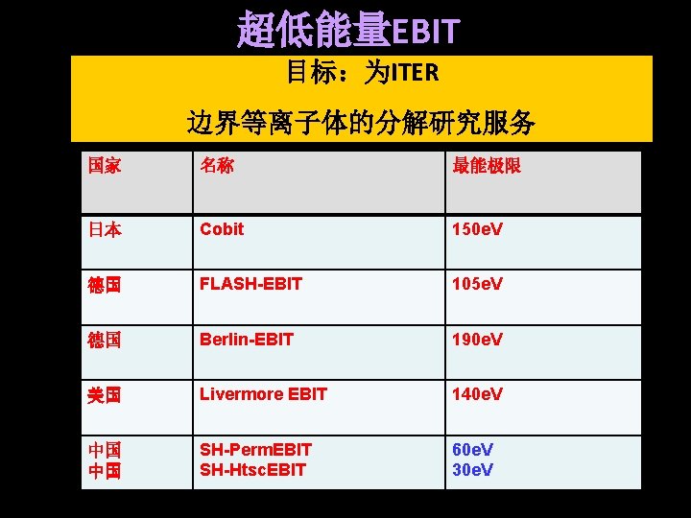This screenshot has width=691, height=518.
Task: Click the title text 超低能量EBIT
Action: (348, 30)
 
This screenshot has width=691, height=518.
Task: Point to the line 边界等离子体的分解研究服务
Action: (361, 123)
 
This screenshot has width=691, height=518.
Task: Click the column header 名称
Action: (216, 166)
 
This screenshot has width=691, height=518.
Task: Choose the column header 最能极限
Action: (487, 166)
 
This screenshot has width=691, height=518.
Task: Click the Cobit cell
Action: (222, 229)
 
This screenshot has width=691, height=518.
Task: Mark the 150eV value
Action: (478, 229)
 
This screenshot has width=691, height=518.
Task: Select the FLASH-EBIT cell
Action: (250, 284)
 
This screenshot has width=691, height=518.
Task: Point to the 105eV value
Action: (478, 284)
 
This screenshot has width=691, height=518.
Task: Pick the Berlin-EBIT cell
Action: (247, 340)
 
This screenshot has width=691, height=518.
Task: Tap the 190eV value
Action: (478, 340)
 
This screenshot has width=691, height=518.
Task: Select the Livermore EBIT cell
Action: (263, 394)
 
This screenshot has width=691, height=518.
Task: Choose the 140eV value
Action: (478, 394)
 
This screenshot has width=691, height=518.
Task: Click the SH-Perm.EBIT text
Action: (256, 449)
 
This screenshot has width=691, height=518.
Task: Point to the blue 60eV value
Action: (473, 449)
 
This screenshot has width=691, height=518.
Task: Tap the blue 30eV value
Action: (473, 470)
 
